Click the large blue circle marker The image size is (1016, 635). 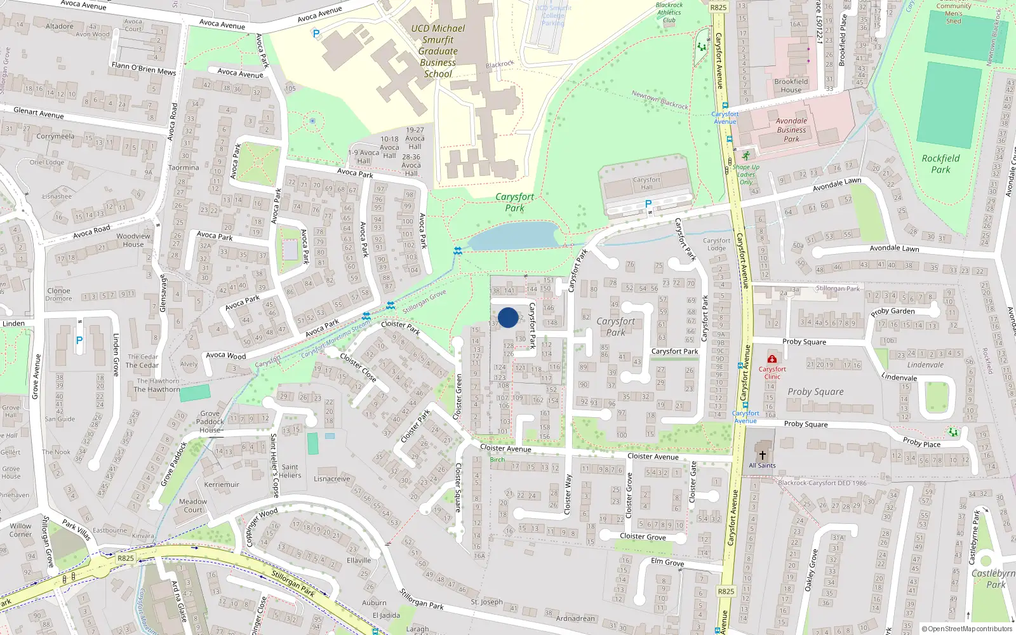click(508, 317)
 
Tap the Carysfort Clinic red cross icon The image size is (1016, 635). click(772, 359)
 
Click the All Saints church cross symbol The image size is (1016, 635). click(763, 455)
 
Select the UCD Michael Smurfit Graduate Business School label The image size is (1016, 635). click(438, 51)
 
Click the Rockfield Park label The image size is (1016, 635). click(940, 164)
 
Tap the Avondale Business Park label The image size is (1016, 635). click(791, 130)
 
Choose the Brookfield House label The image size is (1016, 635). click(791, 86)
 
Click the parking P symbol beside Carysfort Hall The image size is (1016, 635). click(648, 204)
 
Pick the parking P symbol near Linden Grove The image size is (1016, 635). click(79, 341)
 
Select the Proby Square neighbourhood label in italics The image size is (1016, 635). click(815, 392)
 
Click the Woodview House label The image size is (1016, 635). click(133, 240)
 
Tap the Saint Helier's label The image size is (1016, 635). click(290, 471)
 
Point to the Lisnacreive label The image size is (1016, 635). click(332, 479)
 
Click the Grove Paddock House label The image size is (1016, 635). click(210, 422)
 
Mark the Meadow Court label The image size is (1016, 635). click(193, 505)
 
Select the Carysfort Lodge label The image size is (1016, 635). click(716, 244)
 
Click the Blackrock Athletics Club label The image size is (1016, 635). click(669, 13)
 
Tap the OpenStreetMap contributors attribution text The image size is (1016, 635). click(968, 629)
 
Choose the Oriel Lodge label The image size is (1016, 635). click(47, 163)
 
